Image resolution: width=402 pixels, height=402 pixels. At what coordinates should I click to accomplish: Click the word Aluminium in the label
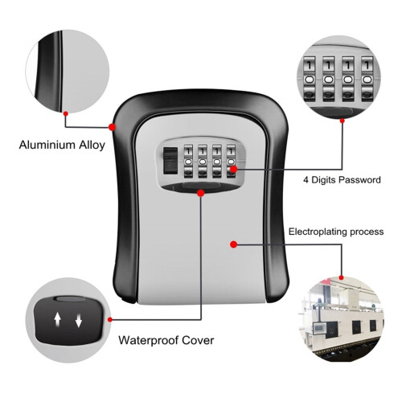[x=47, y=145]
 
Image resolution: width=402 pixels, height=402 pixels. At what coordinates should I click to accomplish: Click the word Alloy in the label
[x=92, y=146]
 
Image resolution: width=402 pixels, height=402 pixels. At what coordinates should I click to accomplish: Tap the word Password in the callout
[x=359, y=179]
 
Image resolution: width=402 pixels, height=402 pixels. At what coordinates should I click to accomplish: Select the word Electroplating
[x=318, y=232]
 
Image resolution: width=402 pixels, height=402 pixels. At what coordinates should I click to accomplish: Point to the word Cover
[x=198, y=340]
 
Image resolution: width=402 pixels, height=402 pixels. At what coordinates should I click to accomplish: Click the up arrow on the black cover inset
[x=57, y=320]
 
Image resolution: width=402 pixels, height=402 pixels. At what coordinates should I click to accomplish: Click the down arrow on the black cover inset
[x=79, y=320]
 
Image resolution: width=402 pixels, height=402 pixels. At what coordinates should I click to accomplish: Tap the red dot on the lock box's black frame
[x=113, y=127]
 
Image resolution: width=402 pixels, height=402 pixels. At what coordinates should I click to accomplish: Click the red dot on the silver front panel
[x=234, y=244]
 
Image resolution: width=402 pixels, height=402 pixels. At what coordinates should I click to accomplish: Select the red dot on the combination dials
[x=234, y=169]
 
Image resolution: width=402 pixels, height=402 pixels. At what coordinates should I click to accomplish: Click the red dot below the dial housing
[x=200, y=193]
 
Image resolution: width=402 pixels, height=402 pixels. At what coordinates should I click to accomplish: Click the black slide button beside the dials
[x=170, y=161]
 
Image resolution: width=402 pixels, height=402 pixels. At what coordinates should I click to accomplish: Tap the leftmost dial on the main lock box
[x=188, y=162]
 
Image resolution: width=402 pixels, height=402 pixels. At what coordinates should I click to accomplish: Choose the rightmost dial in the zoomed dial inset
[x=367, y=79]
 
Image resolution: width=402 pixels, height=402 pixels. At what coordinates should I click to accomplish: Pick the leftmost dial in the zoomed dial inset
[x=310, y=79]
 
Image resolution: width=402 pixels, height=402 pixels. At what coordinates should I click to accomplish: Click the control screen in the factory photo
[x=319, y=328]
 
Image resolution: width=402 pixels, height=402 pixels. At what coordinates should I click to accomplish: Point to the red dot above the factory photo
[x=341, y=277]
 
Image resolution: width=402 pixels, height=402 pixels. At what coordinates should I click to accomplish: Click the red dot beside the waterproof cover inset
[x=109, y=319]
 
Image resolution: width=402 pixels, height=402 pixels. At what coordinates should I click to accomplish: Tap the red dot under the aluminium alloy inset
[x=66, y=113]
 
